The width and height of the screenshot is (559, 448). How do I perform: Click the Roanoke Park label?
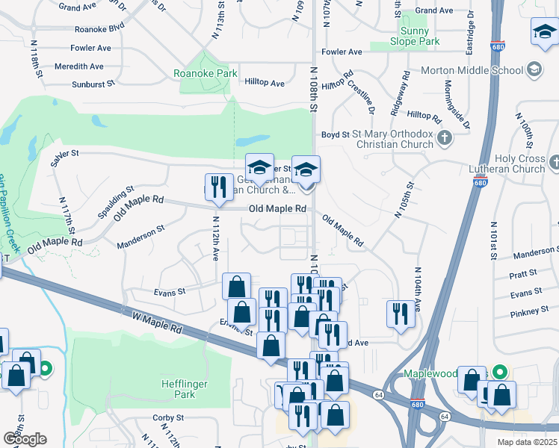pos(206,73)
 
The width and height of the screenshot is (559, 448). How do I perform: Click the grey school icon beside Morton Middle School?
pos(534,70)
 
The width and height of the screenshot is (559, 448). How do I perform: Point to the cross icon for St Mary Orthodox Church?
pos(445,137)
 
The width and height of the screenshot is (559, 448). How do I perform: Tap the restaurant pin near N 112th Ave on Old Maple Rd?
pos(217,187)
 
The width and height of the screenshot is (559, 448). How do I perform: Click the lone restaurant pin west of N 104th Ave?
pos(398,312)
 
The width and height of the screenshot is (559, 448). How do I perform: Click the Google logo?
pos(25,438)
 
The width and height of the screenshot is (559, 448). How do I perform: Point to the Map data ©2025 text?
pos(527,442)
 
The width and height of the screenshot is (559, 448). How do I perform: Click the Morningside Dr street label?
pos(456,105)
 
